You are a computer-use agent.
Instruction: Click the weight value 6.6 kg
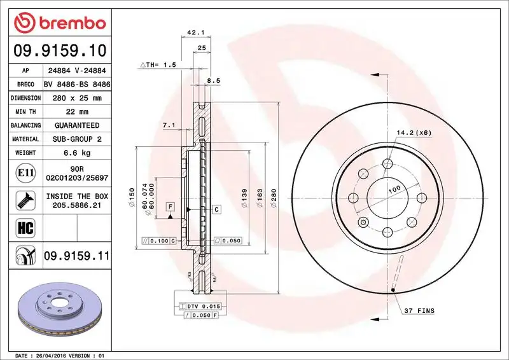(77, 153)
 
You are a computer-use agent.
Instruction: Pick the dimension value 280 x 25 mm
(77, 98)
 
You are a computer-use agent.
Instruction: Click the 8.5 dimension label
(214, 81)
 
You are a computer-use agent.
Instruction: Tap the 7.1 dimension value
(169, 125)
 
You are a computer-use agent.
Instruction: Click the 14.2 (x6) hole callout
(414, 133)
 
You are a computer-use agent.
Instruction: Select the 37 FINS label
(419, 310)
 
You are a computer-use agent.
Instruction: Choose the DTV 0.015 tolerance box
(202, 306)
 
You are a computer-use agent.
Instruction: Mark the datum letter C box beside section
(216, 209)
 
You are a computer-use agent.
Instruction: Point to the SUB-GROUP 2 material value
(77, 139)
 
